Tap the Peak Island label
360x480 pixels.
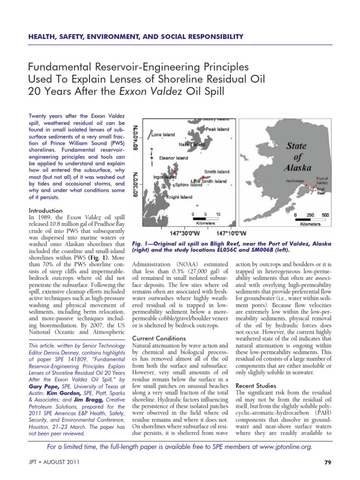217,128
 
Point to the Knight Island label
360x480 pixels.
180,197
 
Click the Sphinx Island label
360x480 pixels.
190,185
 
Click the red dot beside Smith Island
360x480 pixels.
202,177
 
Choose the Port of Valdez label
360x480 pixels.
322,181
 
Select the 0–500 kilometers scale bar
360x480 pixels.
310,218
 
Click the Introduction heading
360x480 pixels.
45,211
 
